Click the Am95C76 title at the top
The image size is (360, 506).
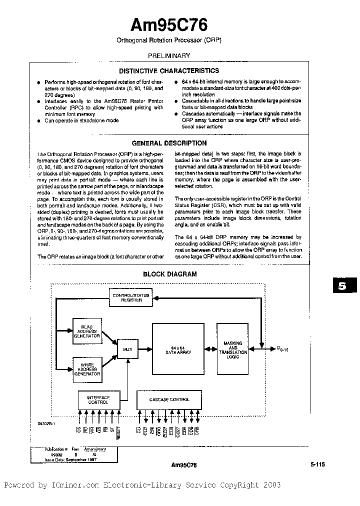click(169, 25)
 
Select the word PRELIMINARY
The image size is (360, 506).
click(169, 56)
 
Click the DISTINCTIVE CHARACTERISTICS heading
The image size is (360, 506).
click(169, 71)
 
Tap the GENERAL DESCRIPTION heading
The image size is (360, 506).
click(169, 143)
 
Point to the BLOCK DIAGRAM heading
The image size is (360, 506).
click(169, 274)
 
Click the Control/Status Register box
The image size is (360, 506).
click(130, 298)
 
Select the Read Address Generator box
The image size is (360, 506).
click(87, 331)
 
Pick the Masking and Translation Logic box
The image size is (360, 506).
click(232, 348)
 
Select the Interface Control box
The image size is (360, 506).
click(98, 400)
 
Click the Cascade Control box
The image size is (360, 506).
click(169, 399)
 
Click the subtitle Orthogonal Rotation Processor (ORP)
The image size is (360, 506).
click(169, 39)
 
